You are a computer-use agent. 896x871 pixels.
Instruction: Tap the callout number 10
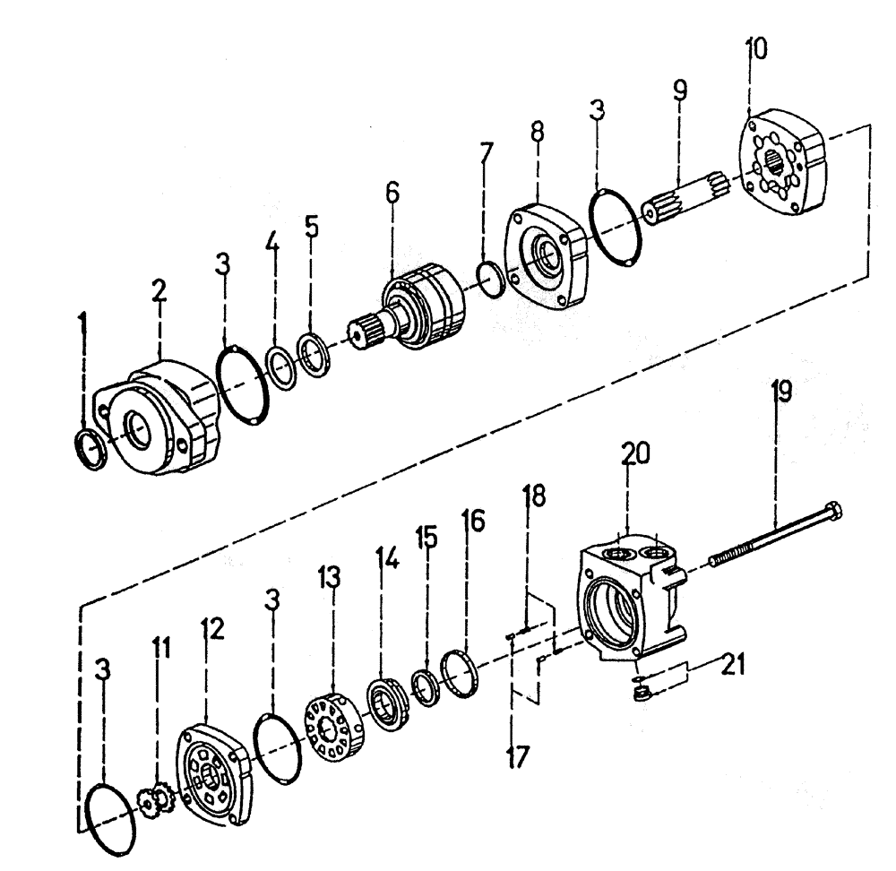coord(755,48)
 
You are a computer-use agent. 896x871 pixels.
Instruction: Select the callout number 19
coord(780,392)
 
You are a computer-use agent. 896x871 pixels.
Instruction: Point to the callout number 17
coord(516,755)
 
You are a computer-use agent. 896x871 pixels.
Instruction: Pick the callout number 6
coord(392,194)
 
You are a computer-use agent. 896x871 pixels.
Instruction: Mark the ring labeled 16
coord(463,673)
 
